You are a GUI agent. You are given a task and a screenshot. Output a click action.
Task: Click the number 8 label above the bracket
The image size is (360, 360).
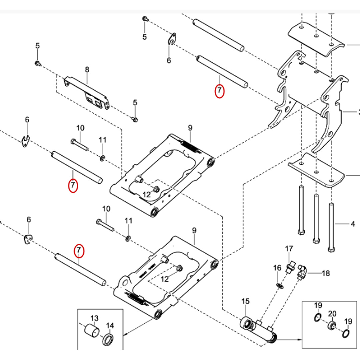pyautogui.click(x=87, y=70)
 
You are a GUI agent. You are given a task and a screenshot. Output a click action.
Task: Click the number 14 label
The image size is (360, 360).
pyautogui.click(x=110, y=326)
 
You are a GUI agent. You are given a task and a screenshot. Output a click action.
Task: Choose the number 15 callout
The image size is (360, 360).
pyautogui.click(x=245, y=302)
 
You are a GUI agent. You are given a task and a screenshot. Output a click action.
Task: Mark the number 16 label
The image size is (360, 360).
pyautogui.click(x=277, y=268)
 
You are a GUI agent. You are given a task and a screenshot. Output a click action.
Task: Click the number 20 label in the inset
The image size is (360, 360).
pyautogui.click(x=332, y=314)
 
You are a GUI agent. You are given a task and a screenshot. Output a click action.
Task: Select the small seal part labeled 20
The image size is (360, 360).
pyautogui.click(x=331, y=325)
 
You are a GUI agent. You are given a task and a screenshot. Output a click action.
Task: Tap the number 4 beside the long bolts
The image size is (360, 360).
pyautogui.click(x=353, y=224)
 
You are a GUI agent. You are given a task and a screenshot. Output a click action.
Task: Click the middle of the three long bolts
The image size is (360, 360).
pyautogui.click(x=316, y=217)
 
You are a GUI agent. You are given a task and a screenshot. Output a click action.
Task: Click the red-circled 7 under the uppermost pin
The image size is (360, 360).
pyautogui.click(x=220, y=90)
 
